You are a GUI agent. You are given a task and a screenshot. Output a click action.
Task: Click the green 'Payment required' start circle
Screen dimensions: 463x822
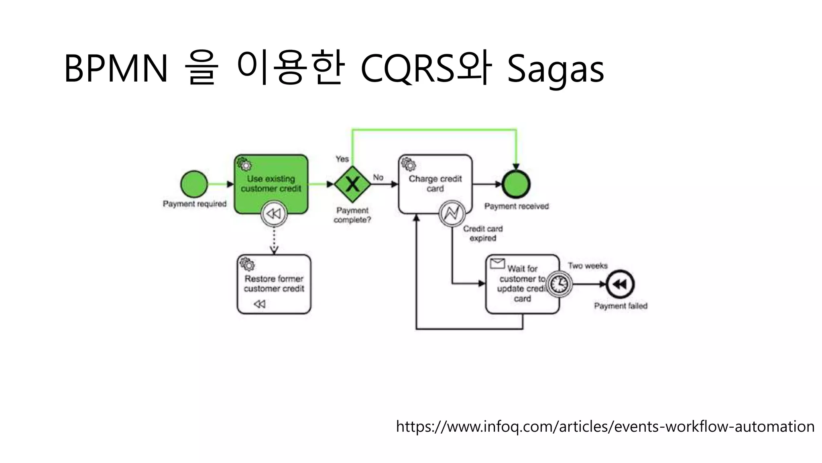(x=194, y=184)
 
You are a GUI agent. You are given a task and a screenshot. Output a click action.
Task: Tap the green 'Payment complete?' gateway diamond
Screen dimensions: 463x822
(x=352, y=184)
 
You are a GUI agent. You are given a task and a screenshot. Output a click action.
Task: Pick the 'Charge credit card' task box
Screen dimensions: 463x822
(x=435, y=184)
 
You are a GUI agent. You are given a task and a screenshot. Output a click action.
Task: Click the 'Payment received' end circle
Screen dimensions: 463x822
(x=516, y=184)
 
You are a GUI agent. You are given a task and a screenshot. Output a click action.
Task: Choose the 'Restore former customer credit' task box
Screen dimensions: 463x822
(x=274, y=284)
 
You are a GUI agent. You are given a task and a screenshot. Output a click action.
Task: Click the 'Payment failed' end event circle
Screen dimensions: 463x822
(x=620, y=284)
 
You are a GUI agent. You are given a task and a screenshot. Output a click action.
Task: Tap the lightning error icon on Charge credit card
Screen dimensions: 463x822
(x=452, y=213)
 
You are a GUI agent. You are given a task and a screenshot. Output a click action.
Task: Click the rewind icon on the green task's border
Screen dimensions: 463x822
(x=274, y=213)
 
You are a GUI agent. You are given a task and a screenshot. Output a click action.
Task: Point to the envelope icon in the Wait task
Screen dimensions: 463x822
(x=497, y=264)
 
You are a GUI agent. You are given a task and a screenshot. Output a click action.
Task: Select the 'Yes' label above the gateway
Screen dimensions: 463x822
(x=342, y=159)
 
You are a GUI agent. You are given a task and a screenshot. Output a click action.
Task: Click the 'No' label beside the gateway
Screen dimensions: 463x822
(x=378, y=177)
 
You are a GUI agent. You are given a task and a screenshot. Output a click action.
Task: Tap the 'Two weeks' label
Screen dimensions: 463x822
(x=588, y=266)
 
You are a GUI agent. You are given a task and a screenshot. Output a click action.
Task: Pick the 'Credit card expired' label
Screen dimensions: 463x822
(x=483, y=234)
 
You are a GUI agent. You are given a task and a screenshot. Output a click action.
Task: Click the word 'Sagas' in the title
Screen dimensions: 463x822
(x=555, y=69)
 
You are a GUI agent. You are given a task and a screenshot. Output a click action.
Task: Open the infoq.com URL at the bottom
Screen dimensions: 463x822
(x=605, y=426)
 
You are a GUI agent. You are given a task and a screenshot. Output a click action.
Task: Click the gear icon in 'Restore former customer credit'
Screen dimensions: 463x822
(x=247, y=264)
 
